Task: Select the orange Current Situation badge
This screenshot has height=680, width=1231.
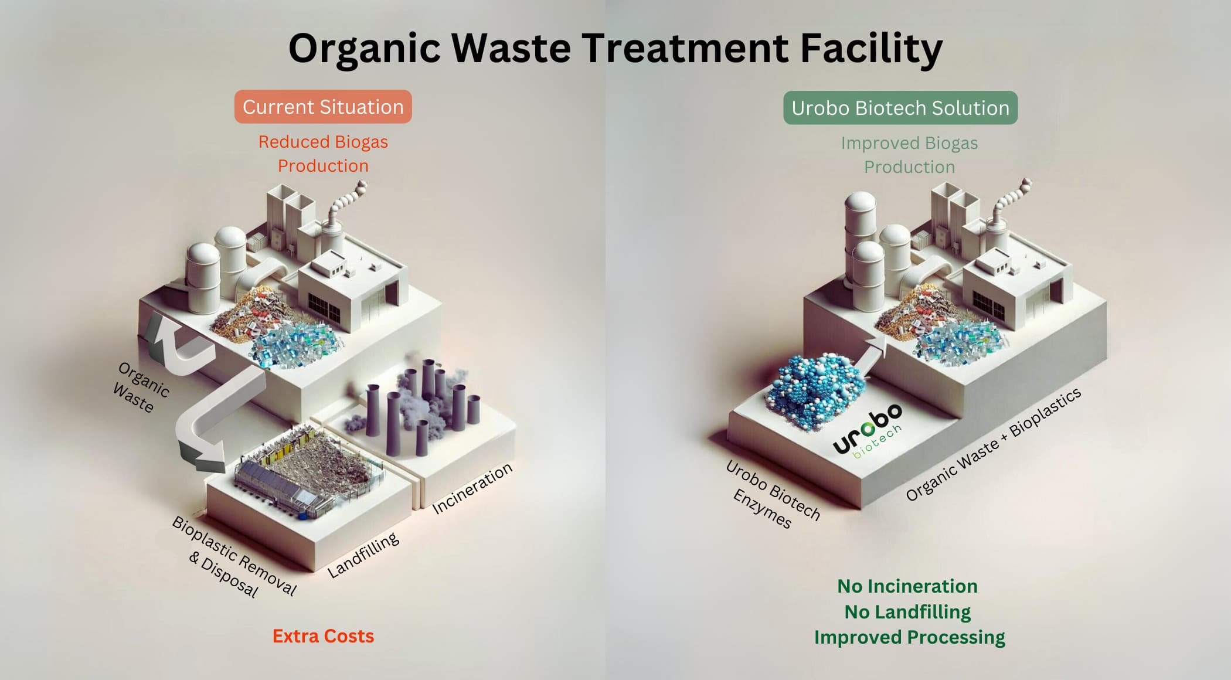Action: pos(323,107)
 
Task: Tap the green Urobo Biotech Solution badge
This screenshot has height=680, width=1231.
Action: pos(900,108)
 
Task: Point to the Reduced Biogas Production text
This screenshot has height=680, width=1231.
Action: pos(323,154)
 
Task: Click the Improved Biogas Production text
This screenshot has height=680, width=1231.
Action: pos(909,155)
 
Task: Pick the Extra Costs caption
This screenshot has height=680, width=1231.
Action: pos(323,636)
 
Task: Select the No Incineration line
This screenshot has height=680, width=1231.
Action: pos(907,586)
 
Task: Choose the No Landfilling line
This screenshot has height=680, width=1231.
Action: pos(907,612)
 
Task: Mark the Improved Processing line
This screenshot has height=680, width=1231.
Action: pos(909,637)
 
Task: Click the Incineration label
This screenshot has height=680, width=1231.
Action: pos(472,489)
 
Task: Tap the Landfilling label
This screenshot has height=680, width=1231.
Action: pos(363,555)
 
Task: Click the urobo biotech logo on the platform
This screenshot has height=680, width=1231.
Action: pos(868,431)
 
